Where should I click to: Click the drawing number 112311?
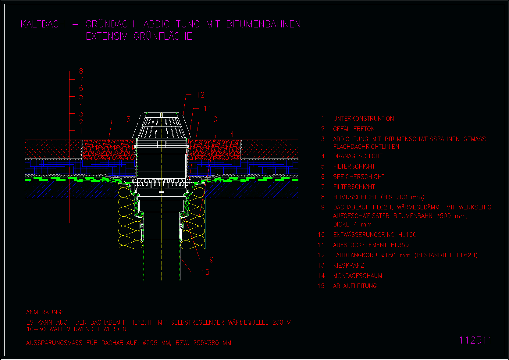476,340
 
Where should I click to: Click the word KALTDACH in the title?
43,24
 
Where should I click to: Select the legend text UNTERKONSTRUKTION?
363,119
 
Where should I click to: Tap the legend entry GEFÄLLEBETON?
354,129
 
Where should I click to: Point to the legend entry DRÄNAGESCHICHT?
358,156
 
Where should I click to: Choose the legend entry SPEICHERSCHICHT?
358,177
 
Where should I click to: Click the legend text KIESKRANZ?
349,266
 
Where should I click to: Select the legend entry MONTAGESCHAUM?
358,276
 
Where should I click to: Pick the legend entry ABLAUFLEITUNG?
355,286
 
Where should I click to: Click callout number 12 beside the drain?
200,95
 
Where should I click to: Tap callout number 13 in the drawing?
126,119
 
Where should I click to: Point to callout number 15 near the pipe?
205,272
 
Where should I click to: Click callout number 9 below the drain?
212,260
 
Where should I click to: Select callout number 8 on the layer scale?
81,71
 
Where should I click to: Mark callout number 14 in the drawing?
230,134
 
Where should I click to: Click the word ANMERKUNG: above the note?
44,312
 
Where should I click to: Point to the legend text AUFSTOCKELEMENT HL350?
371,245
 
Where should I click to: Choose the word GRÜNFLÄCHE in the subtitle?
163,36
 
